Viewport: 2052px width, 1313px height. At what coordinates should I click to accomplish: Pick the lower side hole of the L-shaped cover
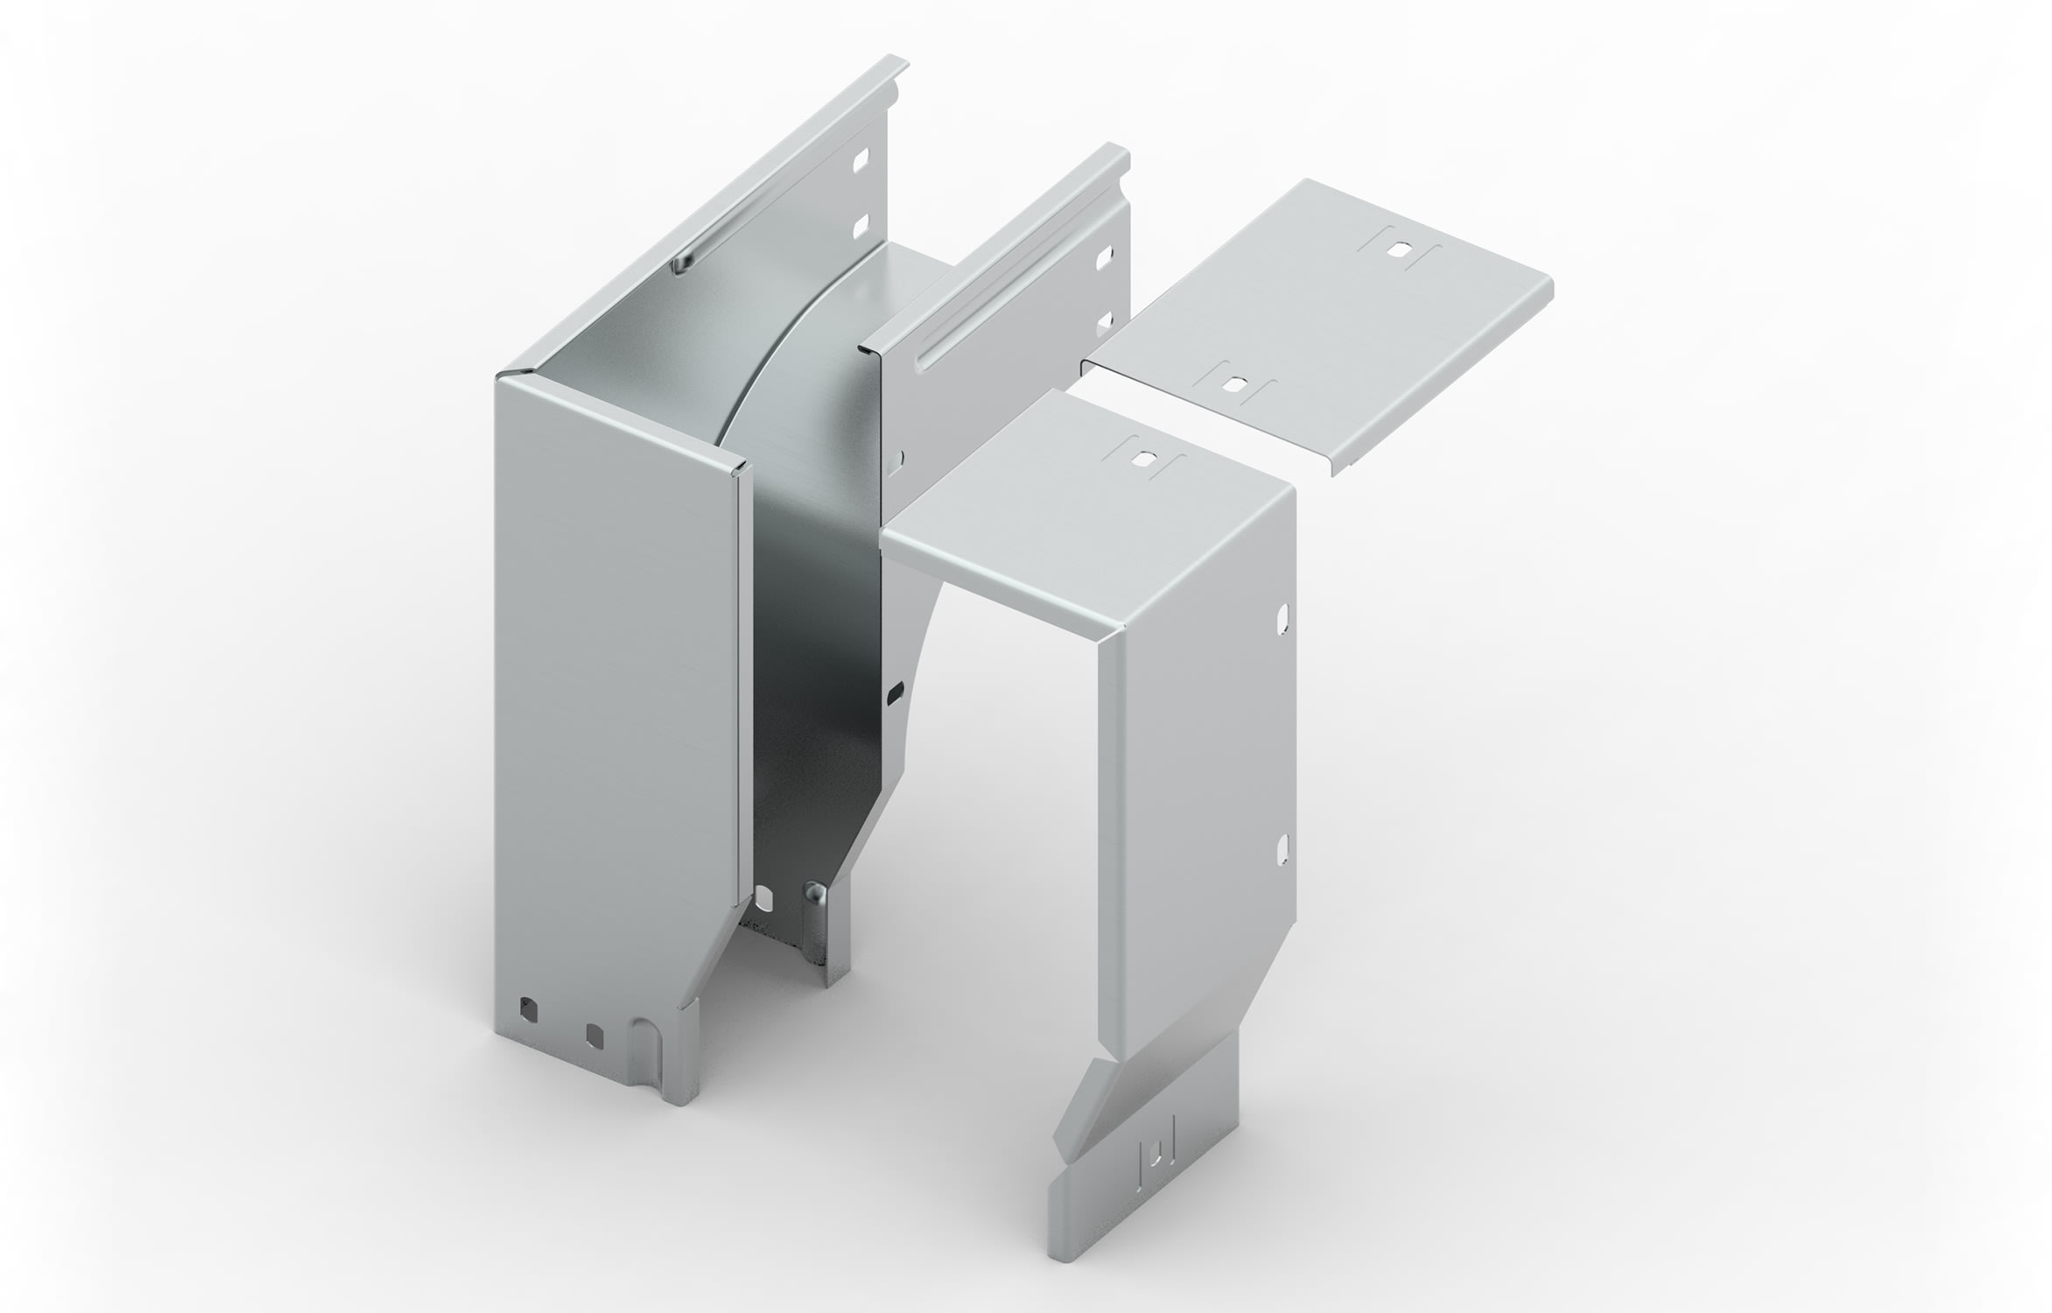click(x=1282, y=847)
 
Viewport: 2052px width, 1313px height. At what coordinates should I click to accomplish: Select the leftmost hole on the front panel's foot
click(x=528, y=1008)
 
